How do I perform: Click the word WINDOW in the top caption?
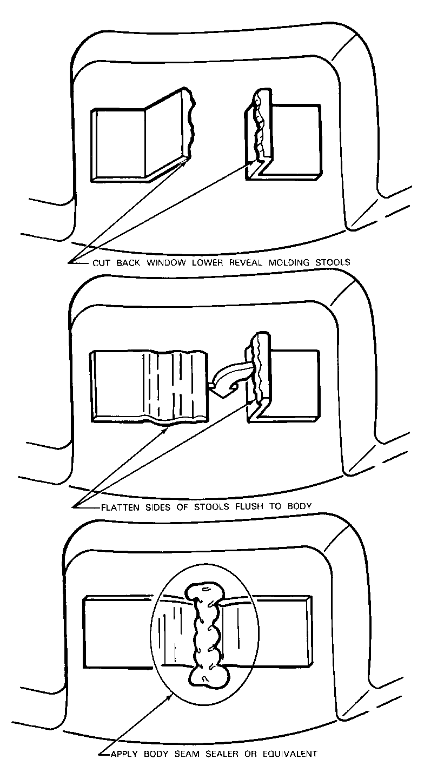159,262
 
